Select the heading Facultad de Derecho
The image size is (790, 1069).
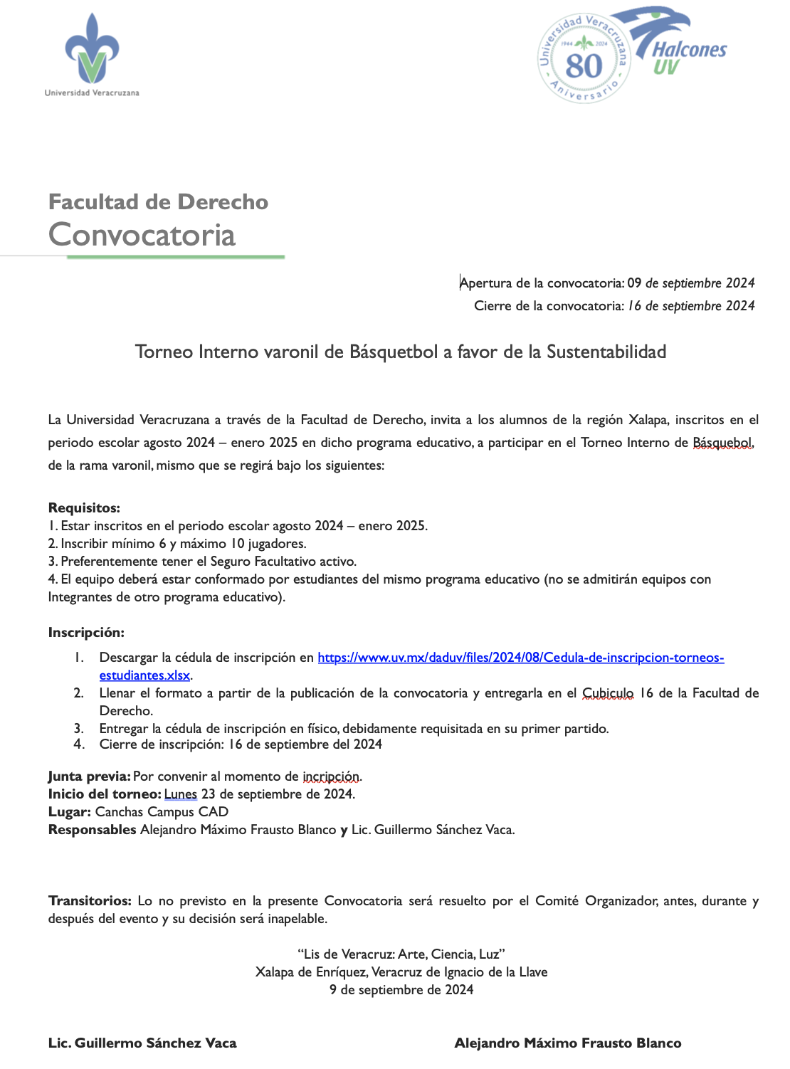[158, 202]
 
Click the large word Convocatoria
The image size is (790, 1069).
[142, 235]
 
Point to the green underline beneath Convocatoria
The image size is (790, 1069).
[176, 257]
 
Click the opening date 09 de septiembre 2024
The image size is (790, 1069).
[690, 283]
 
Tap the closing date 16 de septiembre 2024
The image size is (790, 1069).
[690, 306]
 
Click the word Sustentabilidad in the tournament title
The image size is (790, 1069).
[606, 352]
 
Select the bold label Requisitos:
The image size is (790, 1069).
[84, 508]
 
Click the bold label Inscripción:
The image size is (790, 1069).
[86, 633]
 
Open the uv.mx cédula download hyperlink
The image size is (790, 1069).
[520, 658]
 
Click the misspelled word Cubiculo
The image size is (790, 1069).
[607, 693]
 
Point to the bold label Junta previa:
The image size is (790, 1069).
[89, 776]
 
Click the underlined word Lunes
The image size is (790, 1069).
[180, 794]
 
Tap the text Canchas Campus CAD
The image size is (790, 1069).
[162, 812]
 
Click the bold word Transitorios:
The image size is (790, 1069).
[90, 901]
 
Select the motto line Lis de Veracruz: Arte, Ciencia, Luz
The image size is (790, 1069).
[401, 954]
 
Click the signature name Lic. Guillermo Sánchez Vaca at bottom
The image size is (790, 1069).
[142, 1043]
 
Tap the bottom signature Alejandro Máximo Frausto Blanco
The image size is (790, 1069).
[567, 1043]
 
